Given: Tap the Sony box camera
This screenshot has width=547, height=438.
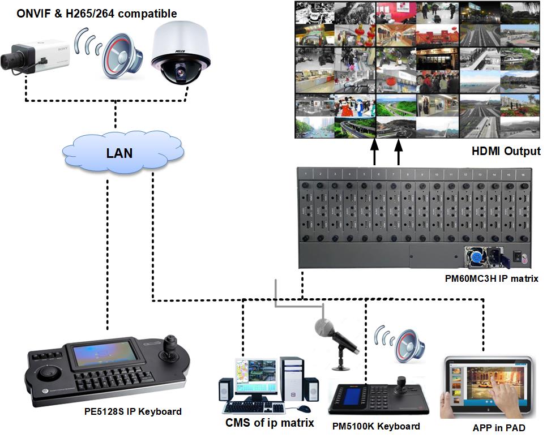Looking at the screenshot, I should click(34, 56).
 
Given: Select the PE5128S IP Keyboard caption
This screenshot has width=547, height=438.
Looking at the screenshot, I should click(130, 411).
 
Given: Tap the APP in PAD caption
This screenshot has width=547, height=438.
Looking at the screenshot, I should click(498, 428).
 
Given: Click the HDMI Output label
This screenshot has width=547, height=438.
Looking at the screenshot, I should click(506, 152).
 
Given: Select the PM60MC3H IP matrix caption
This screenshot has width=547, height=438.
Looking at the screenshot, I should click(492, 278).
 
